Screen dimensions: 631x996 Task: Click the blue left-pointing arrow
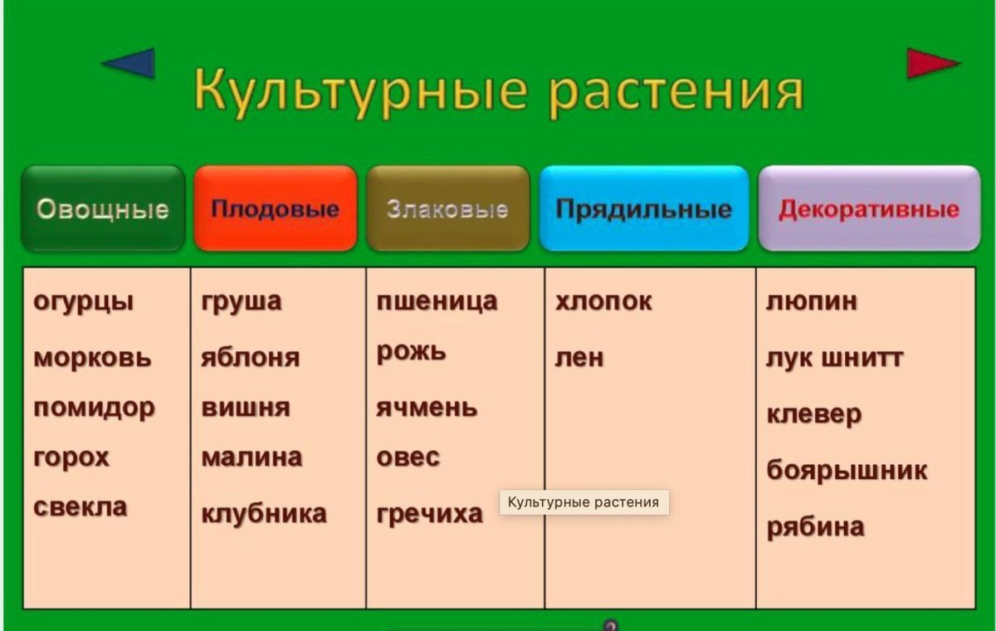point(131,63)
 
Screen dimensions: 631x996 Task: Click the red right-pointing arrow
point(930,63)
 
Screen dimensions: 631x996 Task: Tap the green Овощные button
point(103,208)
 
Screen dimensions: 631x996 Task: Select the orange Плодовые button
point(275,208)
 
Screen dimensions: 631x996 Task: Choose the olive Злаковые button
point(447,208)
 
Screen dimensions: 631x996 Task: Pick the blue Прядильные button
point(643,208)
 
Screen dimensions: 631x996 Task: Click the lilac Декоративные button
point(869,208)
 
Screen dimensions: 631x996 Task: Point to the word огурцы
point(83,301)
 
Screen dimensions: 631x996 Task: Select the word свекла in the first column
point(81,506)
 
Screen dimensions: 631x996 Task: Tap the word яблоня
point(250,358)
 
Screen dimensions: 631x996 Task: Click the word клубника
point(264,514)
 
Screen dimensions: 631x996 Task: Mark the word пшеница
point(437,301)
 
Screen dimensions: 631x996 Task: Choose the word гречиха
point(429,514)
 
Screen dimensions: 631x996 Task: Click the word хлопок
point(603,301)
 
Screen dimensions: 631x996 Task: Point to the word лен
point(579,358)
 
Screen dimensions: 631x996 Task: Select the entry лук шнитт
point(834,358)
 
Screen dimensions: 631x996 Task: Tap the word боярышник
point(847,471)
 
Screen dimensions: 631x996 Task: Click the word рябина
point(815,527)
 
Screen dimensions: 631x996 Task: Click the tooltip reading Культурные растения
point(583,502)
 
